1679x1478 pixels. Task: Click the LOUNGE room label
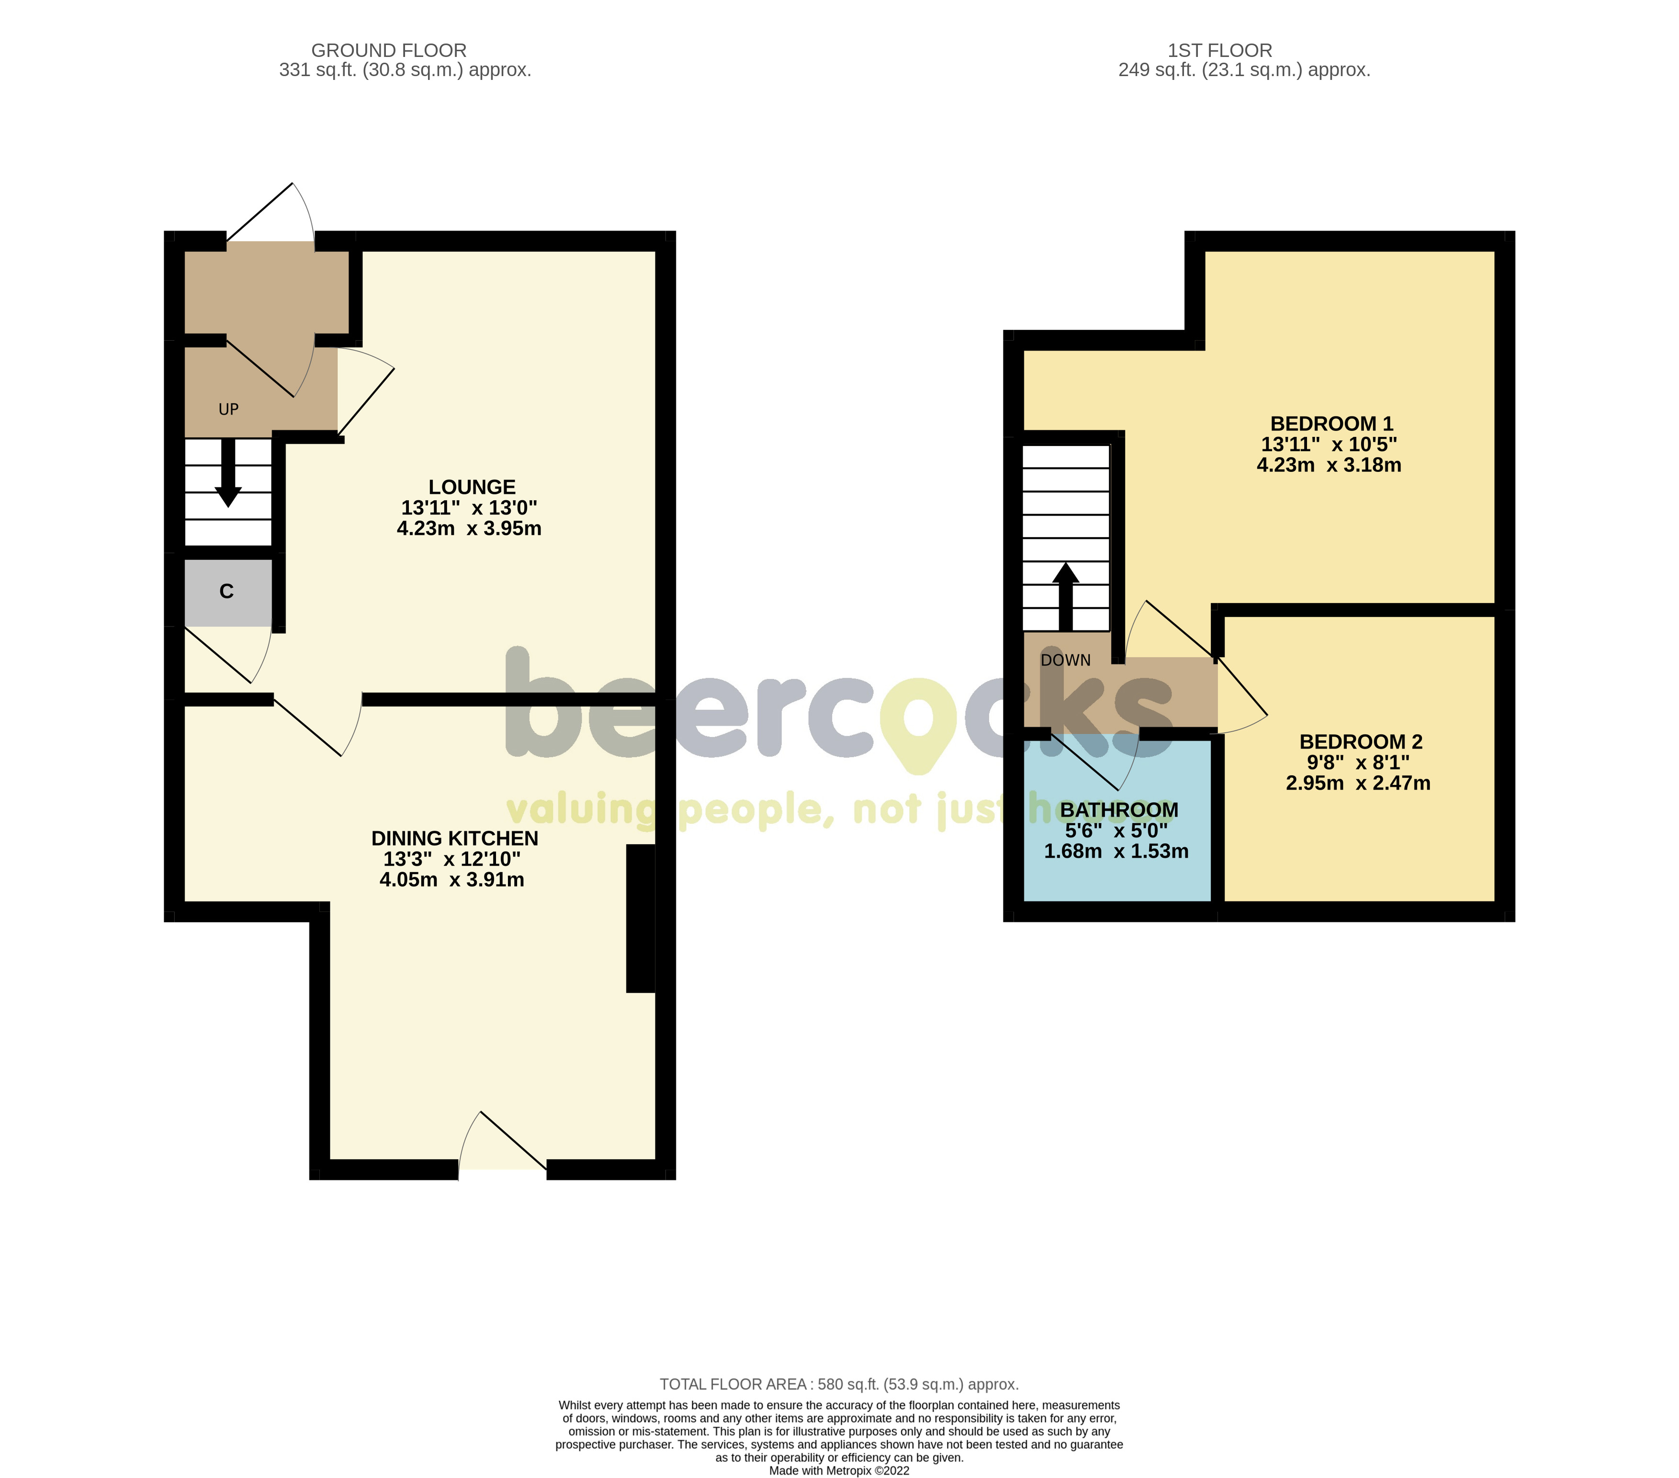tap(472, 487)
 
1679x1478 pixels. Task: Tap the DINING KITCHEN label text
tap(454, 839)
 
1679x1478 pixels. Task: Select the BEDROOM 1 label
tap(1331, 424)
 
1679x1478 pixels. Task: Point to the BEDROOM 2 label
tap(1360, 741)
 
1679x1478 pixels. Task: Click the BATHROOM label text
tap(1119, 810)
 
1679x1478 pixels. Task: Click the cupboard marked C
tap(227, 591)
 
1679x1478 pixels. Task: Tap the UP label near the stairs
tap(228, 409)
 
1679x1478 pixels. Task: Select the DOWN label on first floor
tap(1065, 660)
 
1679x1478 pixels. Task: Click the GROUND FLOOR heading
tap(389, 51)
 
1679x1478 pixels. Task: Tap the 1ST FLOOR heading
tap(1220, 51)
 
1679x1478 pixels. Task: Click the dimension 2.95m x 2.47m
tap(1358, 784)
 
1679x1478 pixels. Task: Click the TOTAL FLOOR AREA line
tap(839, 1384)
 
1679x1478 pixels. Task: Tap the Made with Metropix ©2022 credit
tap(839, 1471)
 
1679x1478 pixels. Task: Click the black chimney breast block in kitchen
tap(641, 919)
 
